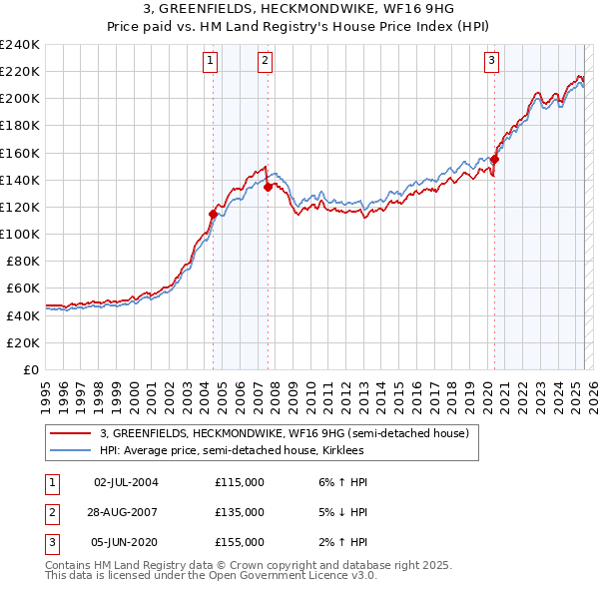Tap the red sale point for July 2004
coord(213,214)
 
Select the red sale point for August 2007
coord(268,187)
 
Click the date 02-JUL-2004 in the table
coord(126,482)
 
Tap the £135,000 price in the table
coord(240,512)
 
